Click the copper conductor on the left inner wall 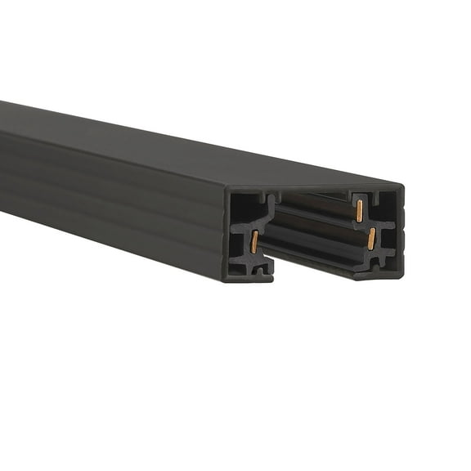pyautogui.click(x=255, y=240)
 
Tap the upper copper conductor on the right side pyautogui.click(x=358, y=210)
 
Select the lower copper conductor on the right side pyautogui.click(x=371, y=239)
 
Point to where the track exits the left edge pyautogui.click(x=2, y=155)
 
